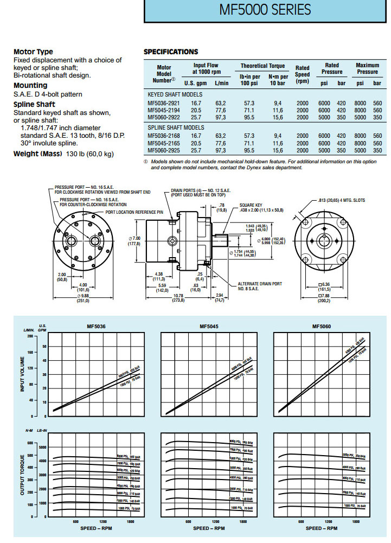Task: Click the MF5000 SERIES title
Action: point(265,10)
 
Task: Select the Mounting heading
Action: point(30,85)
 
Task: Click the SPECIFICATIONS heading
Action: point(170,52)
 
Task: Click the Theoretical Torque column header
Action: point(262,66)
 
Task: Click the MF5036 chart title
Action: point(97,327)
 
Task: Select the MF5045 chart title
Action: point(209,327)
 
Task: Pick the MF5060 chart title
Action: point(321,327)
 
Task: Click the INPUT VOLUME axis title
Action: point(23,375)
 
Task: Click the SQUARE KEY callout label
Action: point(251,206)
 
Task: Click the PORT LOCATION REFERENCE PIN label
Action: point(134,212)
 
